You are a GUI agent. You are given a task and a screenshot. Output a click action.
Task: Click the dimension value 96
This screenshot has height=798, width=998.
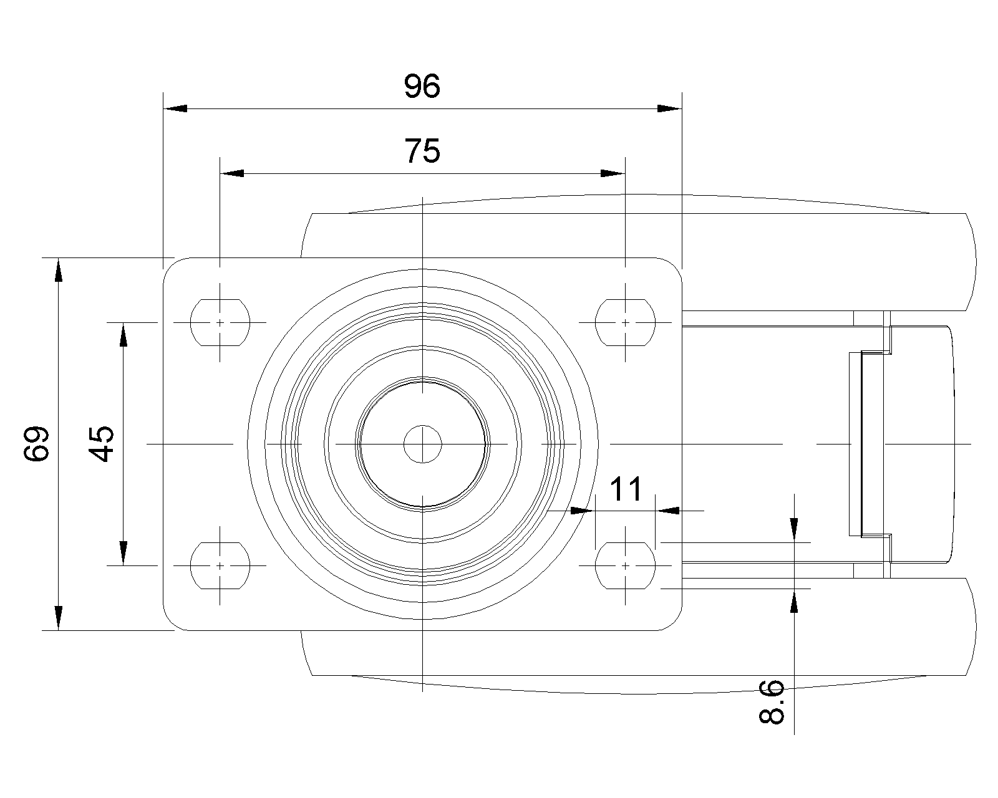422,86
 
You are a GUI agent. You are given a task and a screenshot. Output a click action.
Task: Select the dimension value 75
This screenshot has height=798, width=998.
422,151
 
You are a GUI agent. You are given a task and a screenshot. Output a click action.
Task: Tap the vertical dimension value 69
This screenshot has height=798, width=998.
37,443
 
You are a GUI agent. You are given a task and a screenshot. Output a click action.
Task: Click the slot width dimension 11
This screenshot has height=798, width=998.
625,489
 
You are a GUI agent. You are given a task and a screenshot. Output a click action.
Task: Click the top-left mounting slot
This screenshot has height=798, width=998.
220,322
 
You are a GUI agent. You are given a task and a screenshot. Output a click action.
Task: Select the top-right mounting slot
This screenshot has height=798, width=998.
625,322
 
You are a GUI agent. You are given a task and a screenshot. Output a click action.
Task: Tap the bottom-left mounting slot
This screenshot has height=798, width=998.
220,565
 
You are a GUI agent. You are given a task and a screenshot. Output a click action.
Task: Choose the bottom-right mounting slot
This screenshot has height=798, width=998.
625,565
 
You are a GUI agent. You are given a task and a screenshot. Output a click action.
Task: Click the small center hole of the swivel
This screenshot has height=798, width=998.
422,444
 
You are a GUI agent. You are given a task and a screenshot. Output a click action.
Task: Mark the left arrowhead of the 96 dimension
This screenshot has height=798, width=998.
175,108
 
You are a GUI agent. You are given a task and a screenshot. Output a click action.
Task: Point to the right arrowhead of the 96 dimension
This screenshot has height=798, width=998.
670,108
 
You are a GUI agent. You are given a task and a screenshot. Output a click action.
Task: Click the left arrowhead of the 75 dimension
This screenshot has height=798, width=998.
232,173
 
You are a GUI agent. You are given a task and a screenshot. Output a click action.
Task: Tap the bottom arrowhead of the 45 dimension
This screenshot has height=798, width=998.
124,553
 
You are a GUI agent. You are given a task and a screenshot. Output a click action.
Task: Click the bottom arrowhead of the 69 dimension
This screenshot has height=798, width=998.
58,618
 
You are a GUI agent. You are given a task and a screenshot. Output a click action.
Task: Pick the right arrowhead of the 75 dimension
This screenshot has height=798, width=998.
613,173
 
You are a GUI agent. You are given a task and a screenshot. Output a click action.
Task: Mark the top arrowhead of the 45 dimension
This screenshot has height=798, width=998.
124,335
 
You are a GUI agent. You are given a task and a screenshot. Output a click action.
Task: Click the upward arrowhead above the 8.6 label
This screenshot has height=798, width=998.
794,603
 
